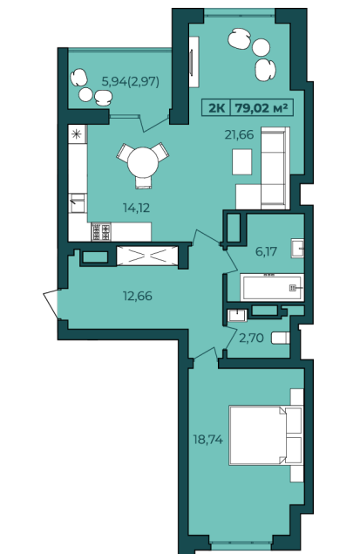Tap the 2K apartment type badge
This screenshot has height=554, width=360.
pyautogui.click(x=216, y=107)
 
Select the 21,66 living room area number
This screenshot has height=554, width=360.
pyautogui.click(x=239, y=134)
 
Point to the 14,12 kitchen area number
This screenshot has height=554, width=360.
pyautogui.click(x=136, y=208)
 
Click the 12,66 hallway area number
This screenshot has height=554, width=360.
pyautogui.click(x=138, y=296)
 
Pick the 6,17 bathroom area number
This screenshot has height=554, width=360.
pyautogui.click(x=266, y=252)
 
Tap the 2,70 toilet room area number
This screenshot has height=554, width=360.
pyautogui.click(x=251, y=339)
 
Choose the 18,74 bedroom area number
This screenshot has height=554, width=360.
pyautogui.click(x=207, y=440)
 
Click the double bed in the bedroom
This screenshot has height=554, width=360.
pyautogui.click(x=265, y=435)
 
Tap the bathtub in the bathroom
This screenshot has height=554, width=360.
pyautogui.click(x=272, y=287)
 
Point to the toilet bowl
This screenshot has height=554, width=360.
pyautogui.click(x=280, y=339)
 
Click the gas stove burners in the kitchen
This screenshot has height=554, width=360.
pyautogui.click(x=101, y=231)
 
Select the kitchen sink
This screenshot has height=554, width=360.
pyautogui.click(x=77, y=203)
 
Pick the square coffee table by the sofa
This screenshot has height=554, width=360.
pyautogui.click(x=241, y=161)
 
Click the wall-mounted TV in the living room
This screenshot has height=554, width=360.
pyautogui.click(x=192, y=62)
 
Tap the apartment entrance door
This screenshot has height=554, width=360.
pyautogui.click(x=51, y=303)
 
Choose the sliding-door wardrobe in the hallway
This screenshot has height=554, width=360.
pyautogui.click(x=147, y=256)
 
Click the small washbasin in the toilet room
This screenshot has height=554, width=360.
pyautogui.click(x=237, y=315)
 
